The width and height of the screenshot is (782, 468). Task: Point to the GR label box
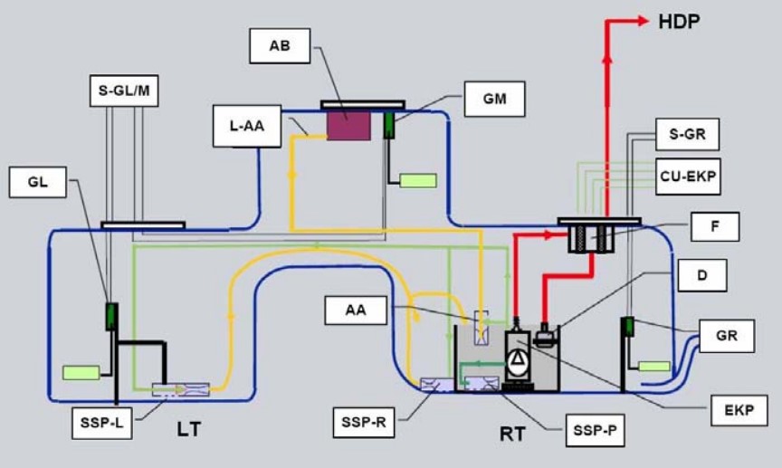726,337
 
